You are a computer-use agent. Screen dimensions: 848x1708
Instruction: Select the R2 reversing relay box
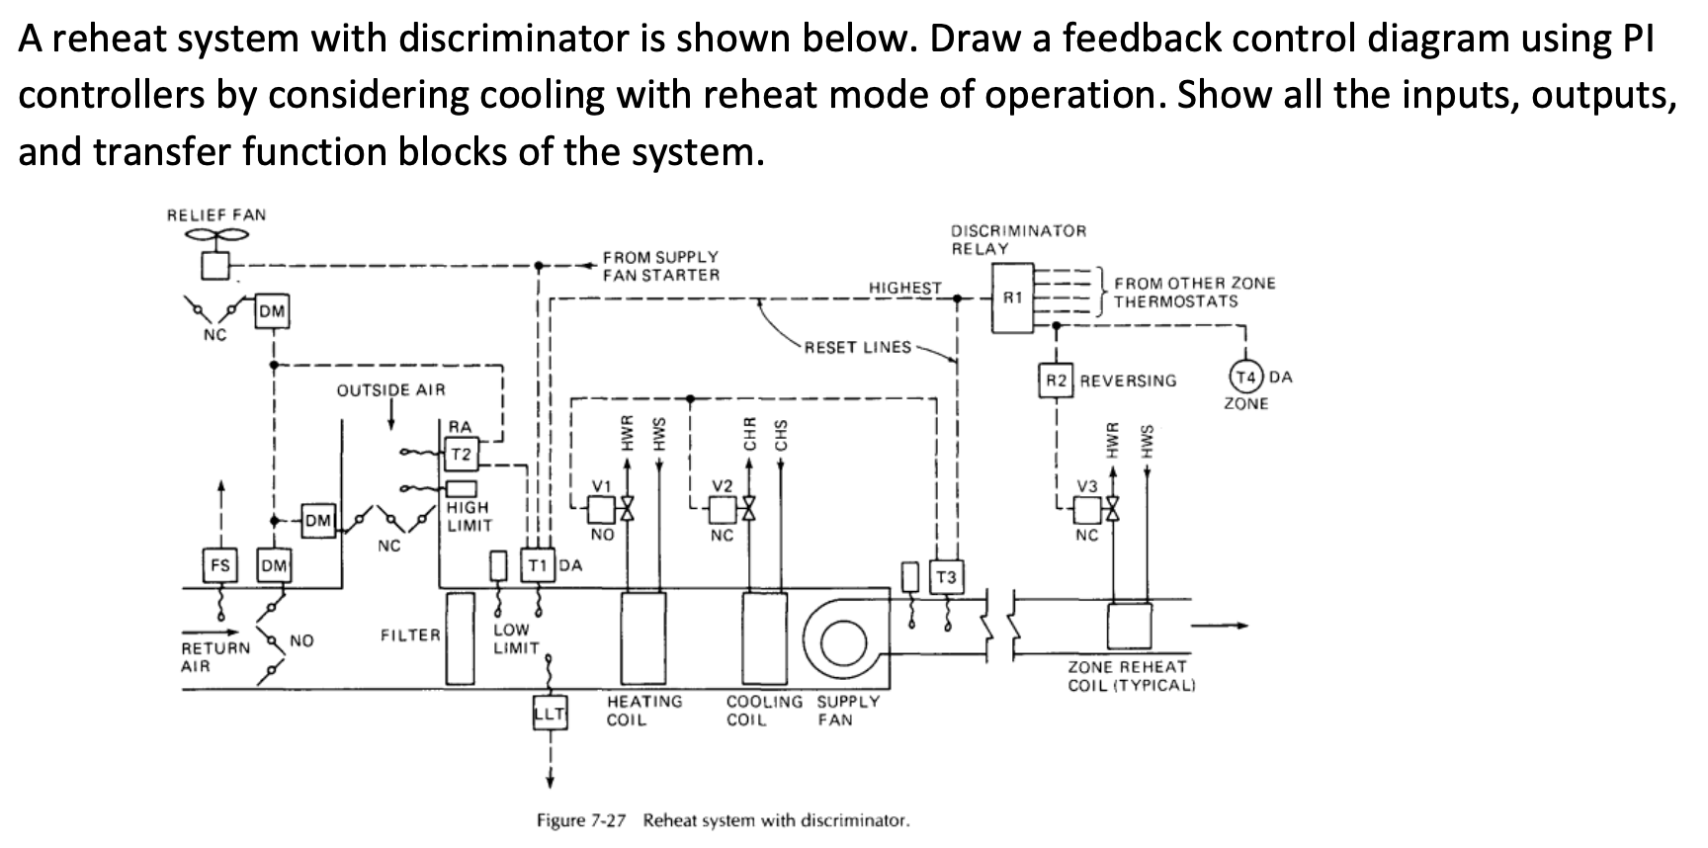coord(1057,381)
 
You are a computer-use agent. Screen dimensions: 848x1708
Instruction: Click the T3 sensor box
coord(946,577)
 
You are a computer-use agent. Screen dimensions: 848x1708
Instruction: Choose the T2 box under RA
coord(461,455)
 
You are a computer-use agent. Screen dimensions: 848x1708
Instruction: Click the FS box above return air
coord(219,565)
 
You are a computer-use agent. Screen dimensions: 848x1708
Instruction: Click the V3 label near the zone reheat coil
coord(1087,485)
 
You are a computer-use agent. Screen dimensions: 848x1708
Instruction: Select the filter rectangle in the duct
coord(460,637)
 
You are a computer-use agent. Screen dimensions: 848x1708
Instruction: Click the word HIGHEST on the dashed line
coord(904,288)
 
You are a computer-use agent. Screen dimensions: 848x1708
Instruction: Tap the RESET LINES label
coord(858,347)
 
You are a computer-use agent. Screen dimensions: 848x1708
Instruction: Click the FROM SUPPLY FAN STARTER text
coord(660,266)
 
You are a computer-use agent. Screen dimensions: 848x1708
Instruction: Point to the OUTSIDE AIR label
coord(390,389)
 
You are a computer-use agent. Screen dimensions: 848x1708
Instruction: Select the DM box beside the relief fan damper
coord(272,312)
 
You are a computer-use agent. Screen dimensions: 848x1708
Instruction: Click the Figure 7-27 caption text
coord(722,820)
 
